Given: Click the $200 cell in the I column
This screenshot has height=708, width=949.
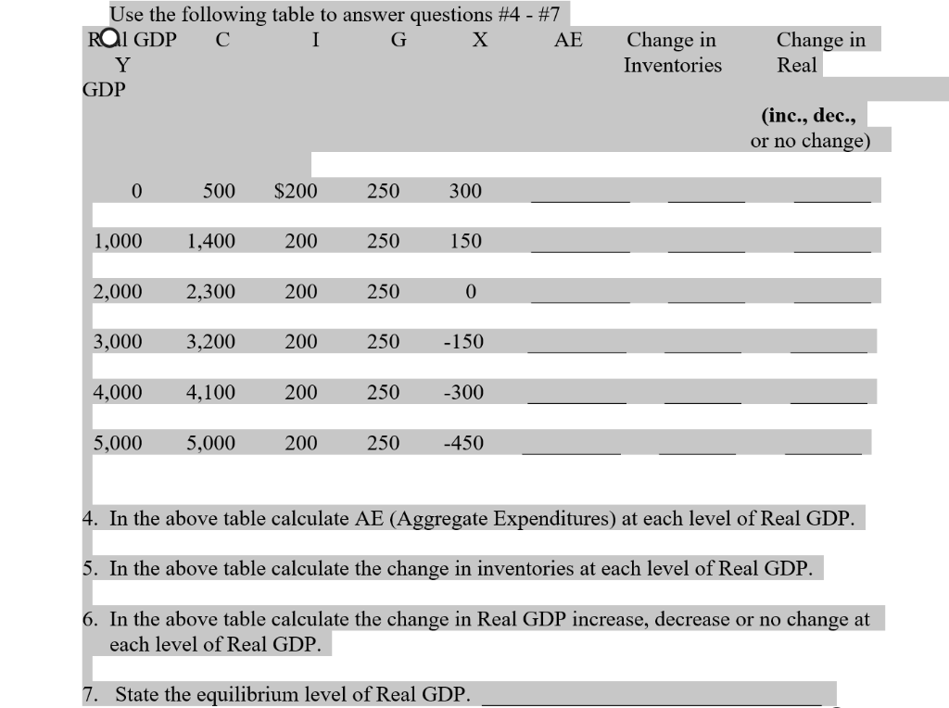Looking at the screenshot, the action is [x=297, y=191].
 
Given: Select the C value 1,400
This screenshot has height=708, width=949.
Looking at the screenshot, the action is [x=210, y=242].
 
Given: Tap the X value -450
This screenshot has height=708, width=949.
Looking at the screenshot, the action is [x=463, y=443].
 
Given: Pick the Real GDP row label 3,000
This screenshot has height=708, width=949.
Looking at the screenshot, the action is [x=118, y=342].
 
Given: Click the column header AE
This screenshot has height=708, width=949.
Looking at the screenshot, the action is [x=568, y=40].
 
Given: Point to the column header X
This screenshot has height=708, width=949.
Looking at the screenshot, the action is [x=480, y=40].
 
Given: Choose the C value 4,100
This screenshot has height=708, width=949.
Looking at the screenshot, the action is [x=210, y=393].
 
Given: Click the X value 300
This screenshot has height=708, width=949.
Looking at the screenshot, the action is [x=465, y=191].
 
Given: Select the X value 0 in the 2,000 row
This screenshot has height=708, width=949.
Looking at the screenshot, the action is [x=470, y=292].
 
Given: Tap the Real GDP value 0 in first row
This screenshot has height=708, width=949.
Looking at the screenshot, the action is [x=136, y=191].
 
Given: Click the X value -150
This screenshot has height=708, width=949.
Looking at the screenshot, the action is [x=462, y=342].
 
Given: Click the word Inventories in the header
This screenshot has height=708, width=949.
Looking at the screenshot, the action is [x=672, y=65].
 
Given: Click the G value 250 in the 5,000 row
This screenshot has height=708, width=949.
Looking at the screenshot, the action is [x=383, y=443].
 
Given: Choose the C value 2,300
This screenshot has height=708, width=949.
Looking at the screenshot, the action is [x=210, y=292].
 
